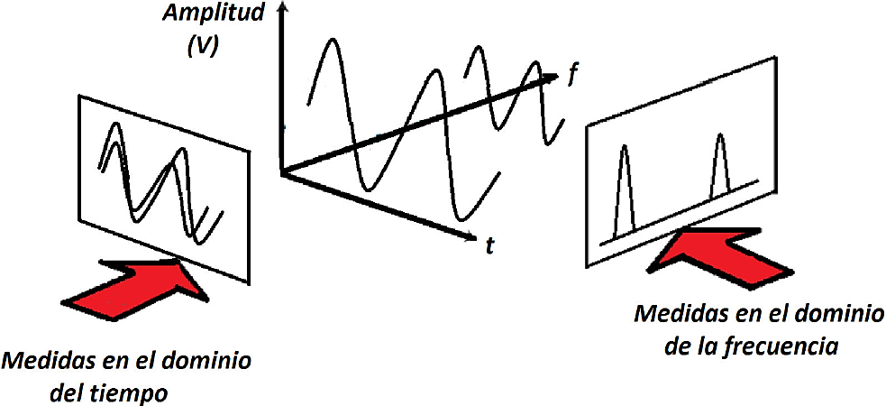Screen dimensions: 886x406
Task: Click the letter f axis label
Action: pos(571,75)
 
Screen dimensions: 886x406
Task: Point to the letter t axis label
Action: pos(489,245)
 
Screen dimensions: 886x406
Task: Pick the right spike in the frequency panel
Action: pos(720,163)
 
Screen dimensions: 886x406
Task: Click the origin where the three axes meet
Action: pos(283,171)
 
